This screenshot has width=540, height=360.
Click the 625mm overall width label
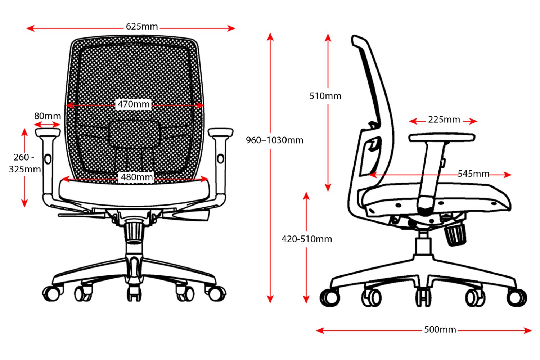click(142, 26)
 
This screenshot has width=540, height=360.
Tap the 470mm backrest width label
click(134, 104)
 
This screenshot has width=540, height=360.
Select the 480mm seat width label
click(137, 177)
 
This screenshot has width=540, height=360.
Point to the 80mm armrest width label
click(48, 116)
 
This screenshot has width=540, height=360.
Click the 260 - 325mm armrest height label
click(24, 163)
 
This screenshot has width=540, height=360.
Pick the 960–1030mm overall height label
click(274, 140)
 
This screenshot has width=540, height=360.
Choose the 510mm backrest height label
click(325, 96)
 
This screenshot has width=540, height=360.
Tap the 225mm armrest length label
click(444, 120)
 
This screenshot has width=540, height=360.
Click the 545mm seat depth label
click(473, 174)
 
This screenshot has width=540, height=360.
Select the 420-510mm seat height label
click(307, 239)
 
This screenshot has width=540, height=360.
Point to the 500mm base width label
click(440, 329)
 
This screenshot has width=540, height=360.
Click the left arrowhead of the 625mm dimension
click(30, 28)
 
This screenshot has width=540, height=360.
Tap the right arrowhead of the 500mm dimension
click(528, 330)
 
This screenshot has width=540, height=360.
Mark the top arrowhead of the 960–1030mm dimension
click(270, 36)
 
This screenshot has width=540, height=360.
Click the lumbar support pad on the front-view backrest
click(134, 134)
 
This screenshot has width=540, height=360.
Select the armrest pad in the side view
click(442, 138)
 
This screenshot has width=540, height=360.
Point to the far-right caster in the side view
click(516, 298)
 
